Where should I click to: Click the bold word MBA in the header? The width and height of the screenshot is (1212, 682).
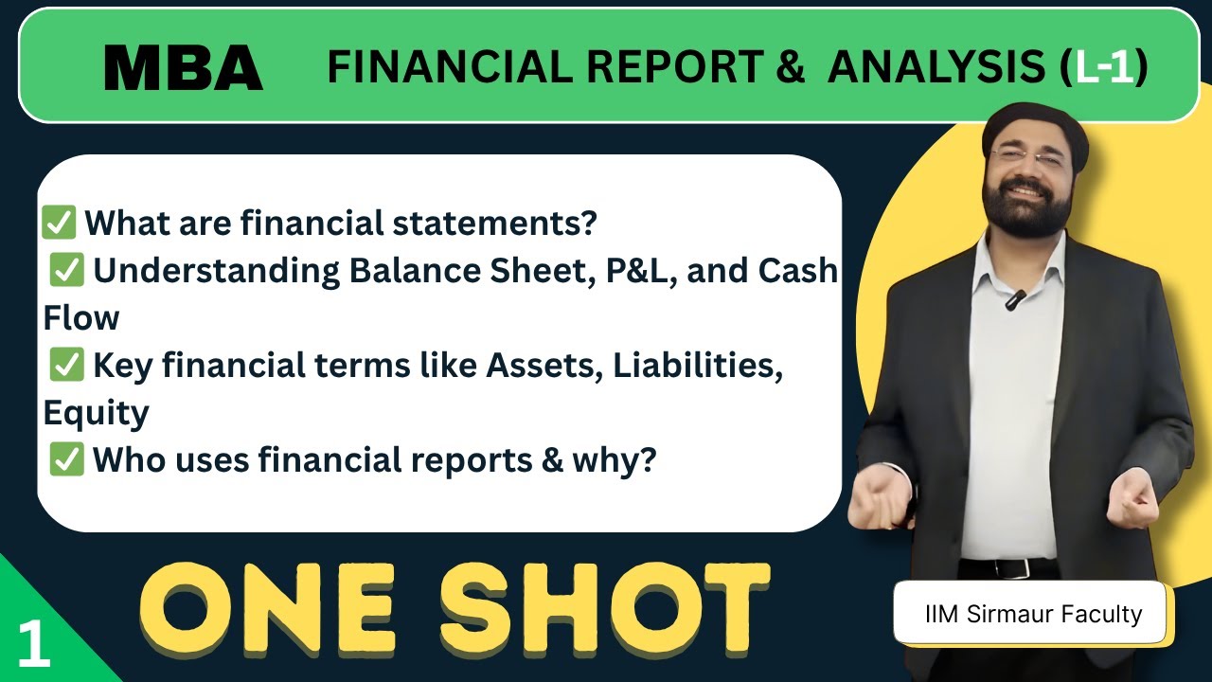click(183, 67)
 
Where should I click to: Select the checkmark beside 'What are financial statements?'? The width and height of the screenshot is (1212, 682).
click(59, 224)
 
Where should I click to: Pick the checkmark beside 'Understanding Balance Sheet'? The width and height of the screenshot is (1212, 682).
click(67, 271)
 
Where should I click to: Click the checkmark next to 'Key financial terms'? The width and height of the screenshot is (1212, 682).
click(67, 366)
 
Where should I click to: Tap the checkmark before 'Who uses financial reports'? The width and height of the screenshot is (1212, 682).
click(67, 460)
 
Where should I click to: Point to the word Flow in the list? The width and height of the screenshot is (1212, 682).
click(80, 318)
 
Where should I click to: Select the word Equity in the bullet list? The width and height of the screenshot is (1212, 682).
click(96, 413)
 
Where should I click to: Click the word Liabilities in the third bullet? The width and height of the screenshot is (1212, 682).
click(698, 366)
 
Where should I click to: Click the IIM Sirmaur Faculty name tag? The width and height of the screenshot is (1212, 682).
click(1033, 614)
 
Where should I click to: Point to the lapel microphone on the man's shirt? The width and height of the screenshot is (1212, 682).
click(1015, 300)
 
